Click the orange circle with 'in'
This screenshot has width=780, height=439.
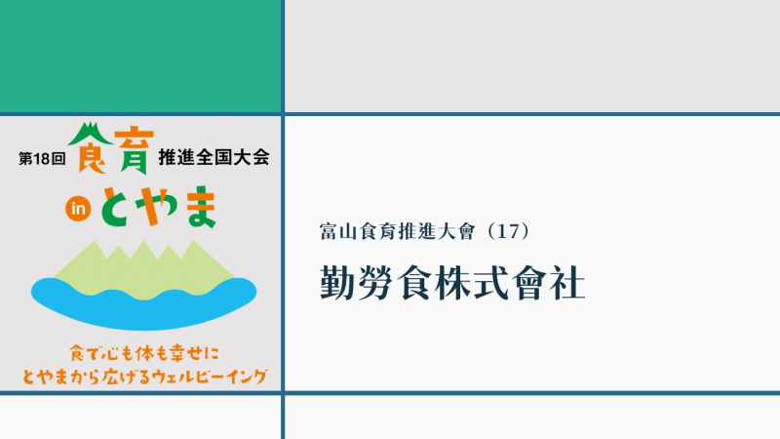pyautogui.click(x=78, y=209)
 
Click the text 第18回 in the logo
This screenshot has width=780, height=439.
pyautogui.click(x=42, y=159)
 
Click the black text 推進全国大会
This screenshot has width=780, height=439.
pyautogui.click(x=214, y=157)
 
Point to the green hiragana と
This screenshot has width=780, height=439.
pyautogui.click(x=118, y=208)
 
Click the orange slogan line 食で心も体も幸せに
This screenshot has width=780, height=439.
pyautogui.click(x=144, y=354)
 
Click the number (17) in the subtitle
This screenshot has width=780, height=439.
pyautogui.click(x=507, y=231)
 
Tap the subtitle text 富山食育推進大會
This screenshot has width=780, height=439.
pyautogui.click(x=398, y=231)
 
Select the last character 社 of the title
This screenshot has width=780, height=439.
pyautogui.click(x=568, y=282)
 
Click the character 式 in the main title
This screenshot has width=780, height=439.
pyautogui.click(x=490, y=282)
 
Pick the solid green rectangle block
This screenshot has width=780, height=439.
pyautogui.click(x=140, y=56)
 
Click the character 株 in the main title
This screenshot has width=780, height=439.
pyautogui.click(x=451, y=282)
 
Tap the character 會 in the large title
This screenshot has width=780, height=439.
pyautogui.click(x=528, y=282)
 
